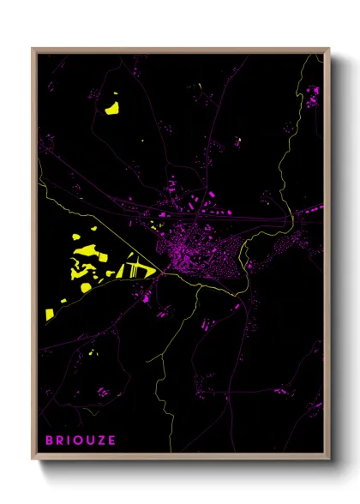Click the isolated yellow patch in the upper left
(x=112, y=108)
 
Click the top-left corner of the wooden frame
(x=33, y=50)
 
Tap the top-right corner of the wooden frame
(x=328, y=50)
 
